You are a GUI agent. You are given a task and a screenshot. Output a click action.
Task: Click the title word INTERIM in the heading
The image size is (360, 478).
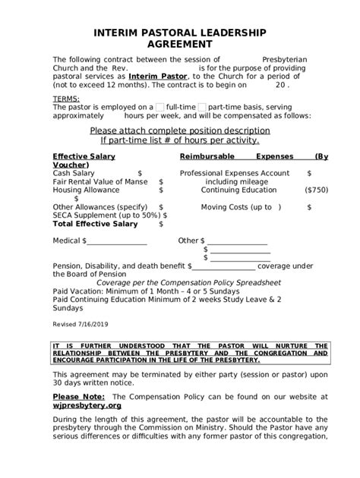point(120,33)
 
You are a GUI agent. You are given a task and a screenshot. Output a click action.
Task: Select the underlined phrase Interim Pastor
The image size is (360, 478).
point(156,77)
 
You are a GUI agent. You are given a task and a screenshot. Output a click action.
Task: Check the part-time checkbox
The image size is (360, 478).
point(202,108)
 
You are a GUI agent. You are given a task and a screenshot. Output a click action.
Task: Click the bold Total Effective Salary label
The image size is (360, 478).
point(95,224)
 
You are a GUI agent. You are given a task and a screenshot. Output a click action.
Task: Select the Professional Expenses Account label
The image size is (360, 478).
point(234,173)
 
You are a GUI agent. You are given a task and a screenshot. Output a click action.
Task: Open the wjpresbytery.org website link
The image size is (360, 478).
point(87,405)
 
